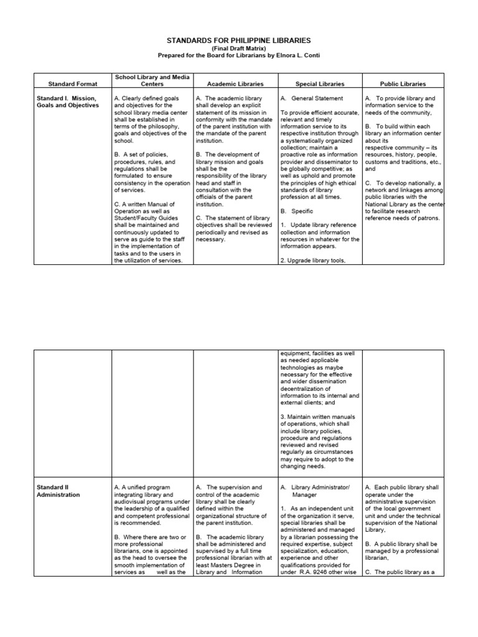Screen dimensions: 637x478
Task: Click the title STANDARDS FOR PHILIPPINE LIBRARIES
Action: (x=238, y=40)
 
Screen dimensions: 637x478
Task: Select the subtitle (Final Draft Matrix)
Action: (x=238, y=48)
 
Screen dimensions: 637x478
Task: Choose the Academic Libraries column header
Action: (x=235, y=83)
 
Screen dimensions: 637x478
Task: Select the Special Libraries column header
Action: (x=319, y=83)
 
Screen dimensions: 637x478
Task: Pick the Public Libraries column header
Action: (x=403, y=83)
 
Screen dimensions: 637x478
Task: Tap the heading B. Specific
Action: (x=297, y=212)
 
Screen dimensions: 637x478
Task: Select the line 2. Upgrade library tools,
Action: (x=312, y=261)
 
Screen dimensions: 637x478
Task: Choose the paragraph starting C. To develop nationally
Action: (x=403, y=200)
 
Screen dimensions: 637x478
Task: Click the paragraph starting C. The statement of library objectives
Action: (x=234, y=228)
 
